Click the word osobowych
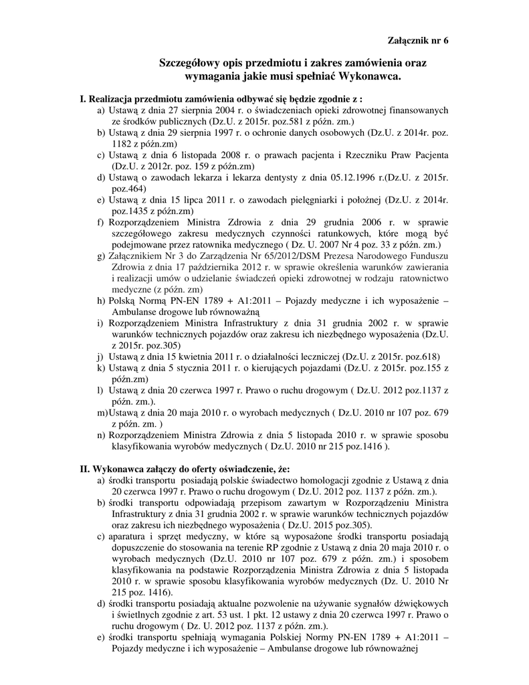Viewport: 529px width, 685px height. coord(336,133)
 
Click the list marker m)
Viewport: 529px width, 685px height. coord(102,413)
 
